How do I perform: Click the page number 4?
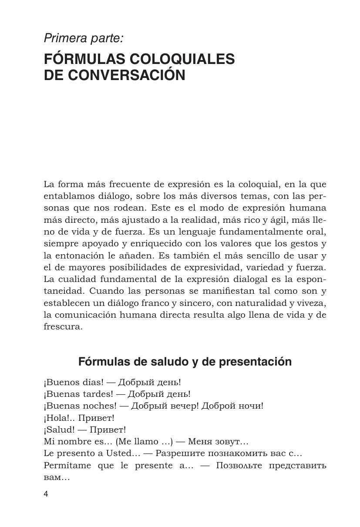46,493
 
